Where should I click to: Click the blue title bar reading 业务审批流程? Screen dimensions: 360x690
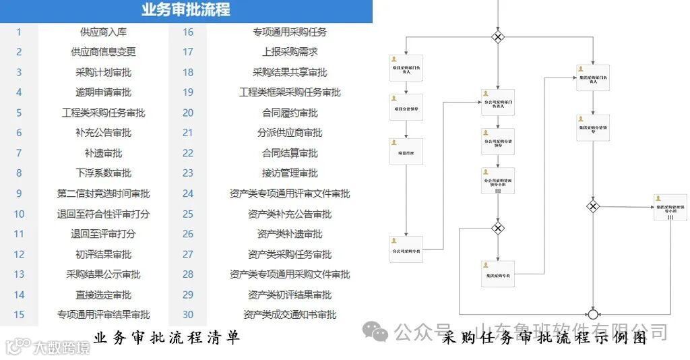pyautogui.click(x=186, y=10)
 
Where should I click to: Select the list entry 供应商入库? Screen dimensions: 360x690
pyautogui.click(x=103, y=32)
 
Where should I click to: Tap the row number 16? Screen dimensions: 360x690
pyautogui.click(x=188, y=32)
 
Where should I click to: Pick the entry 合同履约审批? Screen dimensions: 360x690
pyautogui.click(x=290, y=113)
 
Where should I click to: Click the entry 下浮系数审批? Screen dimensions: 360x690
pyautogui.click(x=103, y=173)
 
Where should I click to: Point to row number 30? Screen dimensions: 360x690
pyautogui.click(x=188, y=315)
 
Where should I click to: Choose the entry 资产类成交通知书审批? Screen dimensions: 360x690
pyautogui.click(x=290, y=315)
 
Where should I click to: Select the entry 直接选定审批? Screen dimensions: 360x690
pyautogui.click(x=103, y=295)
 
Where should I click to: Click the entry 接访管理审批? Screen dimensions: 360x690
pyautogui.click(x=290, y=173)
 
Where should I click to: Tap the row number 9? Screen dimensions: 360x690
pyautogui.click(x=19, y=193)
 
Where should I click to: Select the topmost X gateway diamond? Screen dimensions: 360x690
pyautogui.click(x=498, y=37)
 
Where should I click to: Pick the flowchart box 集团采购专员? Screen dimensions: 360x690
pyautogui.click(x=498, y=274)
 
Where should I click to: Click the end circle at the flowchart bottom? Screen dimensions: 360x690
pyautogui.click(x=593, y=314)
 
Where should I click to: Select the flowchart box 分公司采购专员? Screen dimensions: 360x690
pyautogui.click(x=406, y=249)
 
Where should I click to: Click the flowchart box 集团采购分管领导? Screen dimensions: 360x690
pyautogui.click(x=593, y=127)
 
